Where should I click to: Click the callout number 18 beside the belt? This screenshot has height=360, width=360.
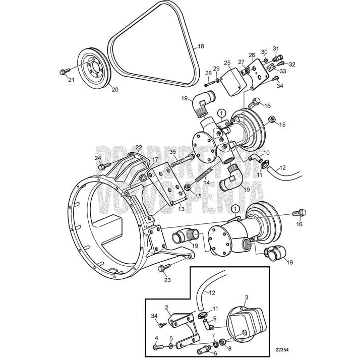[x=201, y=46]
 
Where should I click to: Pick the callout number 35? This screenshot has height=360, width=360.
[x=172, y=151]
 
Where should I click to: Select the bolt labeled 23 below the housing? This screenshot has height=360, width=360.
[x=163, y=268]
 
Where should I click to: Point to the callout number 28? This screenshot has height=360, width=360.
[x=208, y=74]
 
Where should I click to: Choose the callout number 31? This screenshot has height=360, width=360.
[x=276, y=48]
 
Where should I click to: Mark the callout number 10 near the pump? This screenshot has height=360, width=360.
[x=267, y=152]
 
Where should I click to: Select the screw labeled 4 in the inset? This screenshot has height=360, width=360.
[x=157, y=347]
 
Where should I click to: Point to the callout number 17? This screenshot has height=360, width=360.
[x=148, y=160]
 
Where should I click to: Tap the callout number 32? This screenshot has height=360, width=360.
[x=292, y=64]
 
